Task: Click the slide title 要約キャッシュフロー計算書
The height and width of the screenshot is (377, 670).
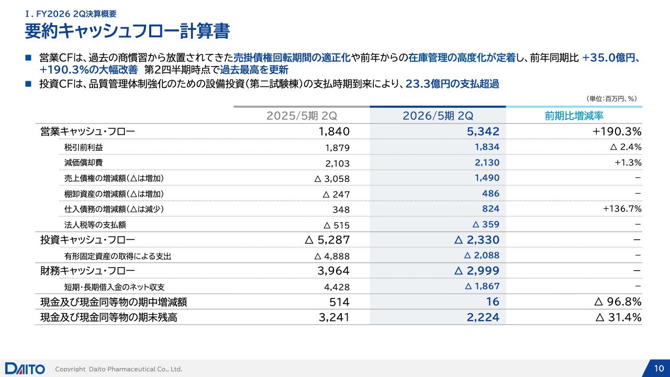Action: coord(127,31)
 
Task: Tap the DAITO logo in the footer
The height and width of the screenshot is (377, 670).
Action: coord(25,369)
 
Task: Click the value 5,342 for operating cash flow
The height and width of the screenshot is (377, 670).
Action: coord(483,131)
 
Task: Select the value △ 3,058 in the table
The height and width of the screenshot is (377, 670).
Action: coord(332,179)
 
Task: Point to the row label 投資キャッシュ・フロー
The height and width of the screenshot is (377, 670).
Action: coord(87,240)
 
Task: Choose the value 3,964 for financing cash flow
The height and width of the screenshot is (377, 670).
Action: coord(333,271)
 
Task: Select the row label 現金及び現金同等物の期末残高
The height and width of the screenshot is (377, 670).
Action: coord(108,317)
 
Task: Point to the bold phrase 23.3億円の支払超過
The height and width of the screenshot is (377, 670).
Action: coord(452,83)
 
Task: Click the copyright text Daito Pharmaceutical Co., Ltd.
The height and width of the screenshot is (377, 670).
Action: coord(119,369)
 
